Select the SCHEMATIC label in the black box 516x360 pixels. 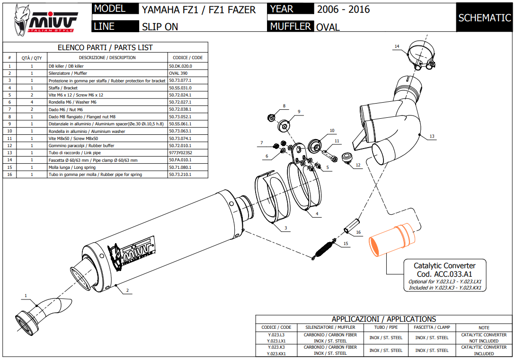[x=485, y=18]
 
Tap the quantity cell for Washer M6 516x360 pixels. [x=32, y=102]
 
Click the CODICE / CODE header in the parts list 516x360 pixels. [x=187, y=58]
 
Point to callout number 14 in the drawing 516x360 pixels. [x=397, y=46]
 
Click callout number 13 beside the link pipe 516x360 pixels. [x=432, y=136]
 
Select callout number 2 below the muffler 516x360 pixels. [x=127, y=290]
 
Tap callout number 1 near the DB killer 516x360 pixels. [x=26, y=296]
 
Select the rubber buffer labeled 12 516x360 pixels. [x=346, y=158]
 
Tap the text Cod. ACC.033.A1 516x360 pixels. [x=445, y=274]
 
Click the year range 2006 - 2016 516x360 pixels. [x=343, y=9]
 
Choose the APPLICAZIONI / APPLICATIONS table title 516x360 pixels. [x=383, y=319]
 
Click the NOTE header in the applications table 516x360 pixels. [x=484, y=327]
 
